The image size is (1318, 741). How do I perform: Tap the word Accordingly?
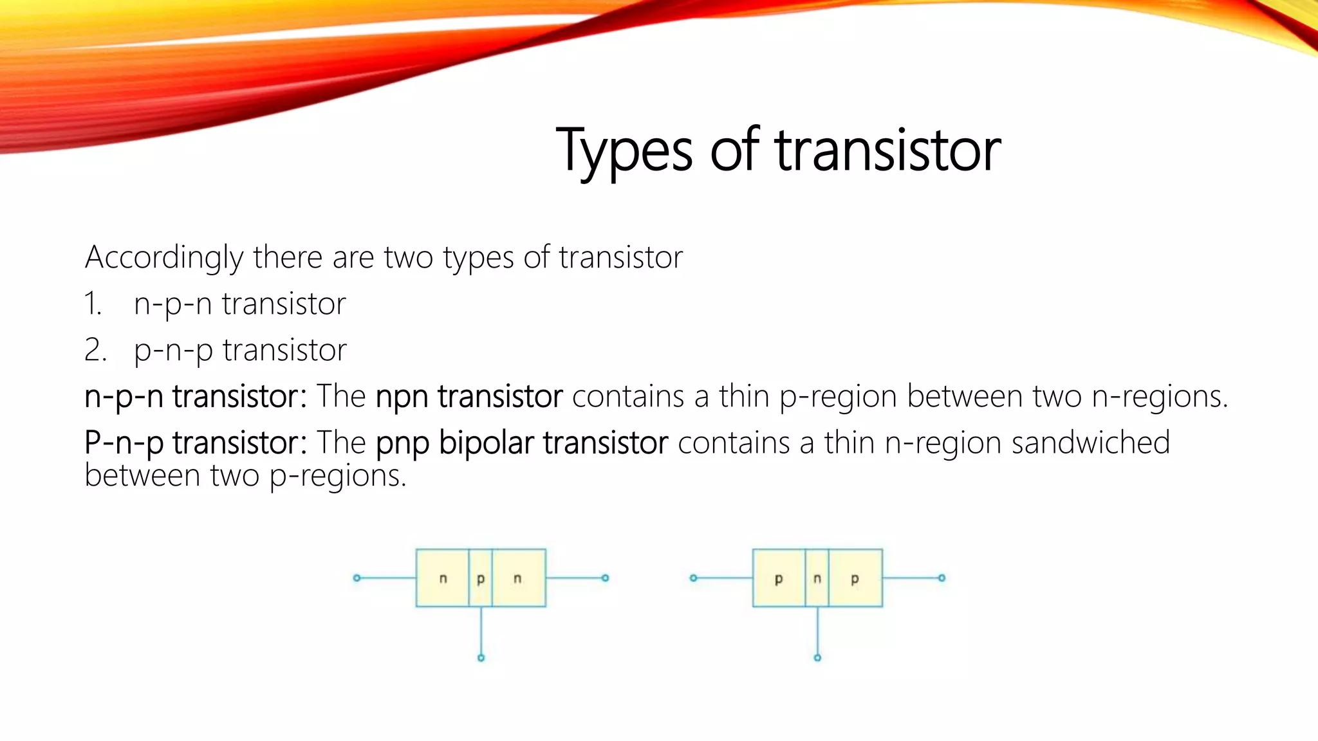pos(164,258)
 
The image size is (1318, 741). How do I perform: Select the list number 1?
pos(93,304)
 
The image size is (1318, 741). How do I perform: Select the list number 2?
pos(95,351)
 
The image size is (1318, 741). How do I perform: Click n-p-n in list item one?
pos(172,304)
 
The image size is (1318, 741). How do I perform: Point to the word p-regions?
pos(338,477)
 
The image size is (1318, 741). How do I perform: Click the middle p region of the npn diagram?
pos(481,578)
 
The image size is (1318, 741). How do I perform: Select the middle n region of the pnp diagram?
pos(817,578)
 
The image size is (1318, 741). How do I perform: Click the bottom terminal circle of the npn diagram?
pos(481,657)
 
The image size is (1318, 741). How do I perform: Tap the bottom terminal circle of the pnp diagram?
pos(817,657)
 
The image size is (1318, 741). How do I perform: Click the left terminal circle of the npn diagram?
pos(357,578)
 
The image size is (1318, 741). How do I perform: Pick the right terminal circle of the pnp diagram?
pos(942,578)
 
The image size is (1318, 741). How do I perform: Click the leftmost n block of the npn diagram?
pos(443,578)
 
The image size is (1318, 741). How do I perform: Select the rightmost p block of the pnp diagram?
pos(855,578)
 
